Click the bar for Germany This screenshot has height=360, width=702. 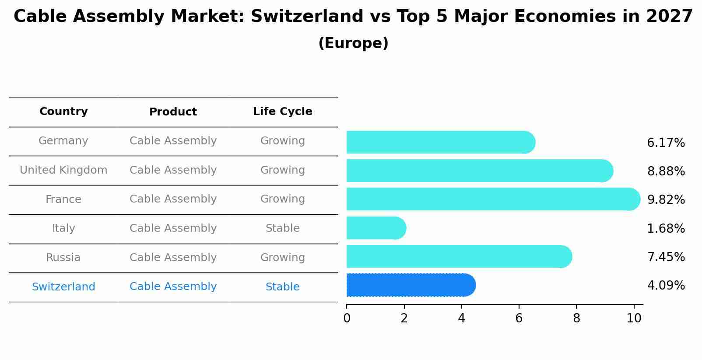[x=440, y=142]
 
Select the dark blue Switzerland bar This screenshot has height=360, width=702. [x=411, y=285]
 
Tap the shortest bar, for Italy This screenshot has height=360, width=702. [x=376, y=228]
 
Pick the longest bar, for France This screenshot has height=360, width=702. [x=492, y=199]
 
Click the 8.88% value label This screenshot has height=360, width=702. [x=666, y=171]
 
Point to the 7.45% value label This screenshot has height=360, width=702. [x=666, y=257]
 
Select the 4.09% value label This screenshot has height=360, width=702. [x=666, y=285]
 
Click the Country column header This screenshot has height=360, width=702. [x=63, y=112]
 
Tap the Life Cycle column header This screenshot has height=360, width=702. [x=282, y=112]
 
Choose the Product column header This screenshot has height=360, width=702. [x=173, y=112]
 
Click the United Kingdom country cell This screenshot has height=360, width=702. [x=63, y=170]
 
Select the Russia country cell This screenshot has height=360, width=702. [x=63, y=258]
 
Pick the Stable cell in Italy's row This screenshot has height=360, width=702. [x=282, y=228]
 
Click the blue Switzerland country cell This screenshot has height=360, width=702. [x=63, y=287]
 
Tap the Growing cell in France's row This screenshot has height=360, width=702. [x=282, y=199]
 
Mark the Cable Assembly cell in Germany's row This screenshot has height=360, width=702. [x=173, y=141]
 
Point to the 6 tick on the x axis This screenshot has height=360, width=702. [x=519, y=318]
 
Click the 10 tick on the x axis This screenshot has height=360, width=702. [x=634, y=318]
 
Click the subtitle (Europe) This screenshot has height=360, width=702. [x=353, y=43]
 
